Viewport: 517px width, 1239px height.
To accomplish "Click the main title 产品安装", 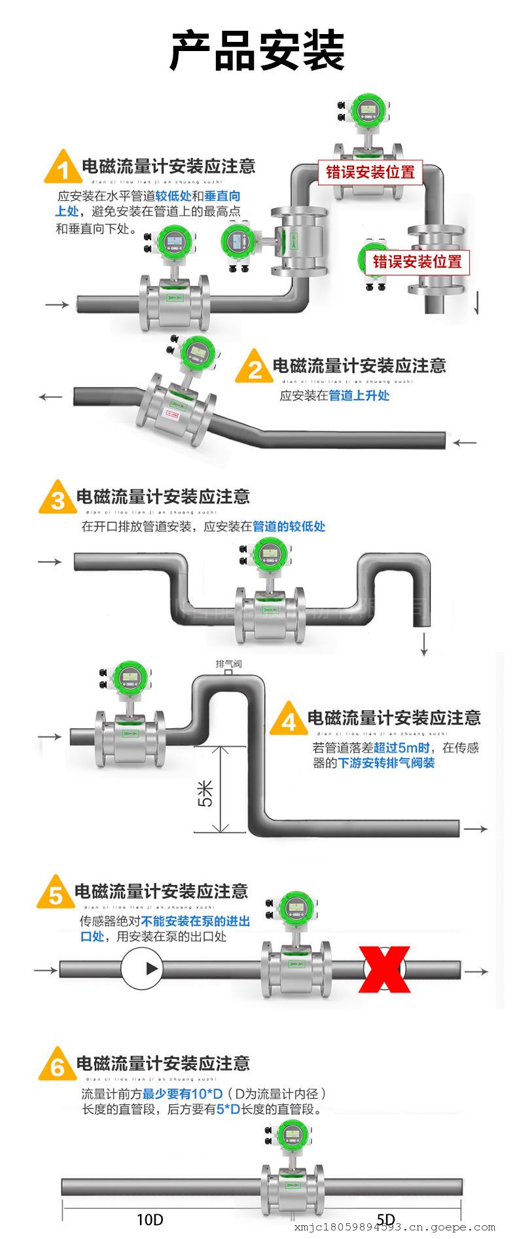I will (x=257, y=50).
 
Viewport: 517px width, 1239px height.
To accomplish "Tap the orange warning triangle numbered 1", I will (x=63, y=168).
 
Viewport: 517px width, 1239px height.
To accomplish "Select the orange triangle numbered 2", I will (x=255, y=368).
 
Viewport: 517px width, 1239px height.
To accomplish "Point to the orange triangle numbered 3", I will (x=58, y=499).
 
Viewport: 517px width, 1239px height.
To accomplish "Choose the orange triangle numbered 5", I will (x=56, y=894).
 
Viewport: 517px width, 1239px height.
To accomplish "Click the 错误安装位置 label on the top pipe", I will (x=370, y=172).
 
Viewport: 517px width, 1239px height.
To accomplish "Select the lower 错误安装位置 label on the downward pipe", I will (x=417, y=262).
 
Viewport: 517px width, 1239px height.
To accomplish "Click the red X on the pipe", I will (x=385, y=969).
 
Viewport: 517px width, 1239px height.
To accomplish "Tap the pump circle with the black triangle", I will (x=141, y=969).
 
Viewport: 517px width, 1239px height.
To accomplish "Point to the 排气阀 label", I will (x=229, y=664).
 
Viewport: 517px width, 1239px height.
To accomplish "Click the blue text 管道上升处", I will (x=359, y=395).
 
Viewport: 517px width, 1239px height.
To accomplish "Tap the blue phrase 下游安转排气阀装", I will (x=386, y=763).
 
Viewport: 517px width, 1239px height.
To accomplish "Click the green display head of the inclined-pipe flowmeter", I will (x=196, y=352).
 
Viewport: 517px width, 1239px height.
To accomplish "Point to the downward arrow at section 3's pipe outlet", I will (x=424, y=644).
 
